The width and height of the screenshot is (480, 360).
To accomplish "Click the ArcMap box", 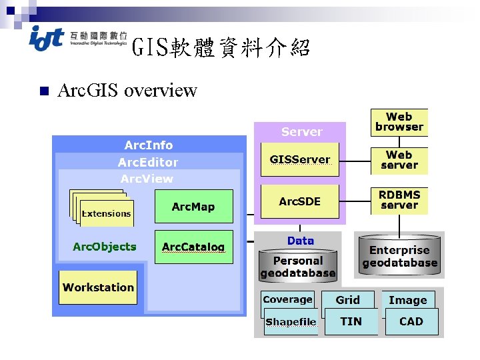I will [193, 207].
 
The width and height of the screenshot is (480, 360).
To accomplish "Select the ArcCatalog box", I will [193, 247].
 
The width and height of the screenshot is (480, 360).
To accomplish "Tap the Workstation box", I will [98, 287].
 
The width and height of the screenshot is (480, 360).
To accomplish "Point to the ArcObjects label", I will [104, 247].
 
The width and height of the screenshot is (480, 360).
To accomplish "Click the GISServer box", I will [299, 159].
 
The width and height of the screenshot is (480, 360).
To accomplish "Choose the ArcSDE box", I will [299, 201].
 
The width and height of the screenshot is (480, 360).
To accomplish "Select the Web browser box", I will [399, 122].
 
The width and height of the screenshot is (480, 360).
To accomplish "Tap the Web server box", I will [399, 160].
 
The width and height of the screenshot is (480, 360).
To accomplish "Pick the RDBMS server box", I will [399, 200].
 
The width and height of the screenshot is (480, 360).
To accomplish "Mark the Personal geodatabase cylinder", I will [297, 266].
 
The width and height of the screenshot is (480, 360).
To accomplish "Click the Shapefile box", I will [291, 322].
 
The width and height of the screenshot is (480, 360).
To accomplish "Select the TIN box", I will [351, 321].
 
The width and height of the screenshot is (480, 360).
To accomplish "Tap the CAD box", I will [411, 321].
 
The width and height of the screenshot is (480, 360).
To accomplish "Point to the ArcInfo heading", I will [148, 145].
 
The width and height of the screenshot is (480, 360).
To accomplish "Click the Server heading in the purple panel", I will [301, 131].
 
